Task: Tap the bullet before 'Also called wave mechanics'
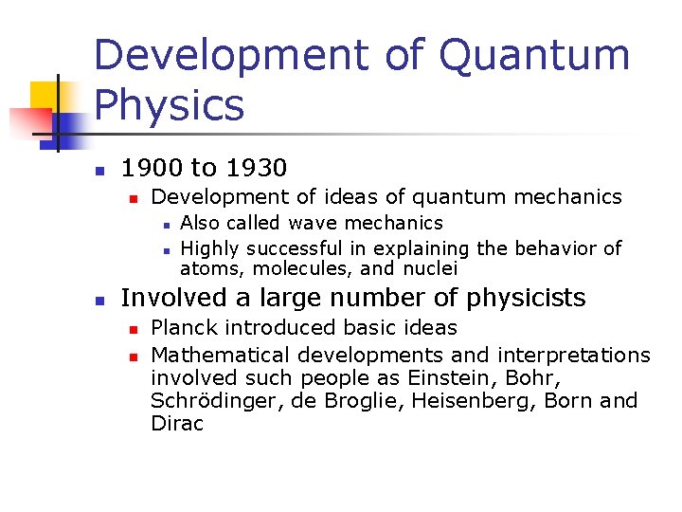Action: click(165, 225)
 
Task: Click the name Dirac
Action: click(177, 424)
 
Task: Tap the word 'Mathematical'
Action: click(221, 355)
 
